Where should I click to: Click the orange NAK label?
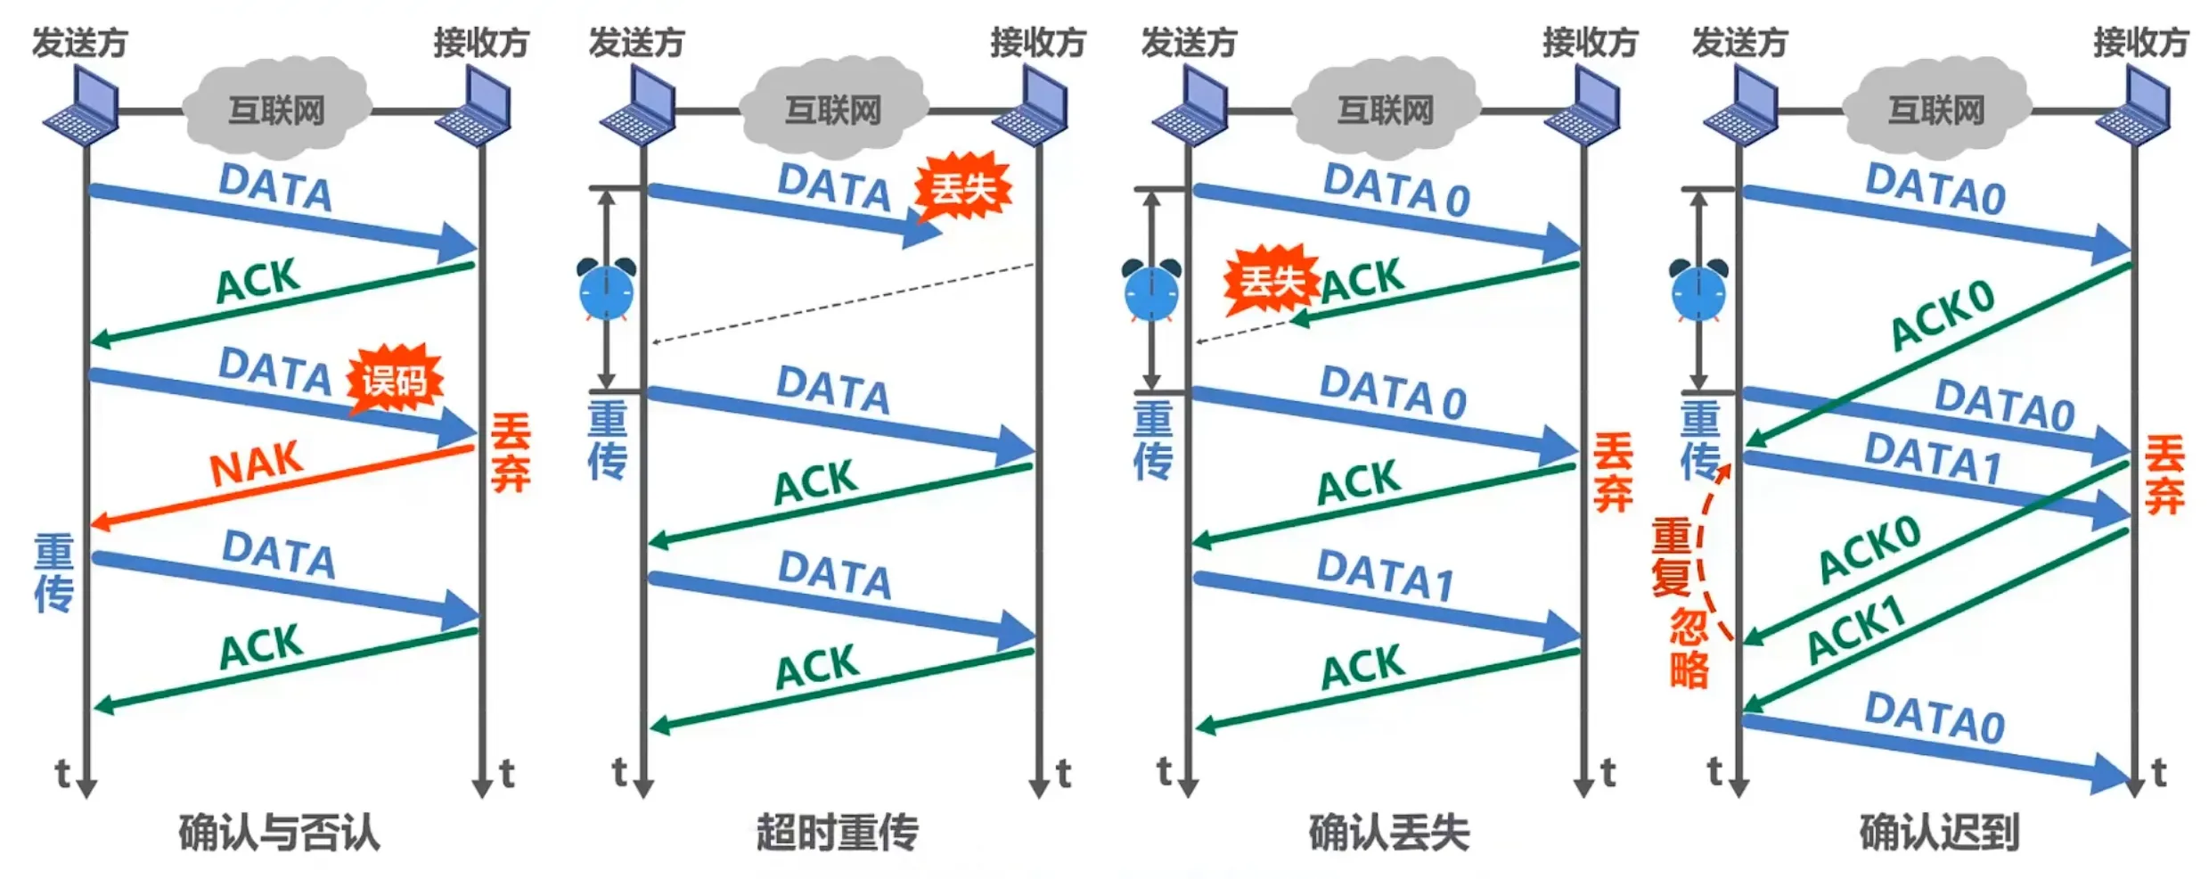(x=257, y=464)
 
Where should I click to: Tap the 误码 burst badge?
(x=394, y=382)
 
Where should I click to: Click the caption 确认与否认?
(x=279, y=833)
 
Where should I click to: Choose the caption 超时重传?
(x=837, y=833)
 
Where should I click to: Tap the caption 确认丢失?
(x=1388, y=833)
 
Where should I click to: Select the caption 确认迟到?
(x=1939, y=833)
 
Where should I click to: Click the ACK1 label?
(x=1857, y=631)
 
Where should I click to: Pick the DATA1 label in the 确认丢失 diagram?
(x=1385, y=575)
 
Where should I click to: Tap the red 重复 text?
(x=1671, y=557)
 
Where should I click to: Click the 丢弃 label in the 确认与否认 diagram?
(x=511, y=452)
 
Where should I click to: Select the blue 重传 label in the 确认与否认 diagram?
(x=53, y=573)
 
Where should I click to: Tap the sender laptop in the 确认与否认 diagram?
(x=84, y=111)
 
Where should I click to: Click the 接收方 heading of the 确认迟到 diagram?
(x=2140, y=43)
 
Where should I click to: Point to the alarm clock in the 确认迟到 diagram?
(x=1698, y=290)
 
